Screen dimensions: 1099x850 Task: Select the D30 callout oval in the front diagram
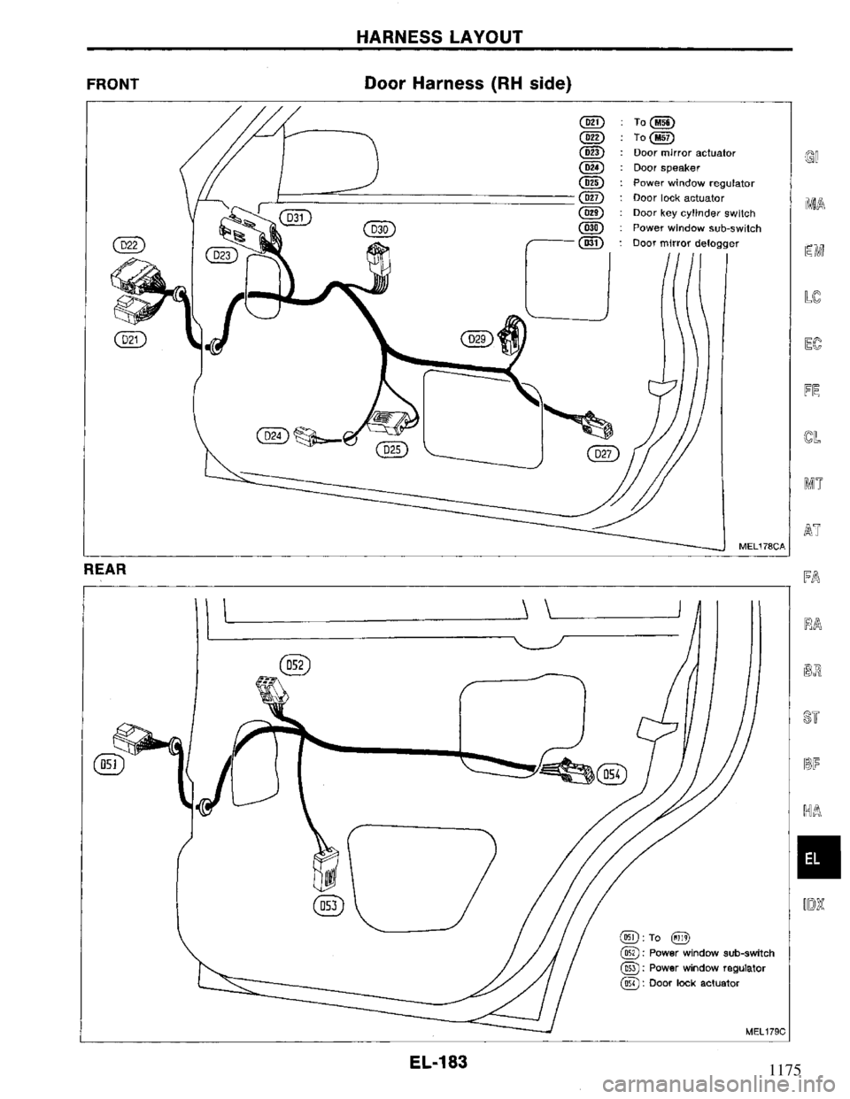coord(383,228)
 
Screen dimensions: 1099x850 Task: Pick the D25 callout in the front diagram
coord(391,450)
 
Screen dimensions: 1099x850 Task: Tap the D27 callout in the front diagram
coord(607,455)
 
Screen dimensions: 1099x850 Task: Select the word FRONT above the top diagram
coord(112,84)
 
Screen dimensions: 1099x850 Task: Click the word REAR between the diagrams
coord(104,571)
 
